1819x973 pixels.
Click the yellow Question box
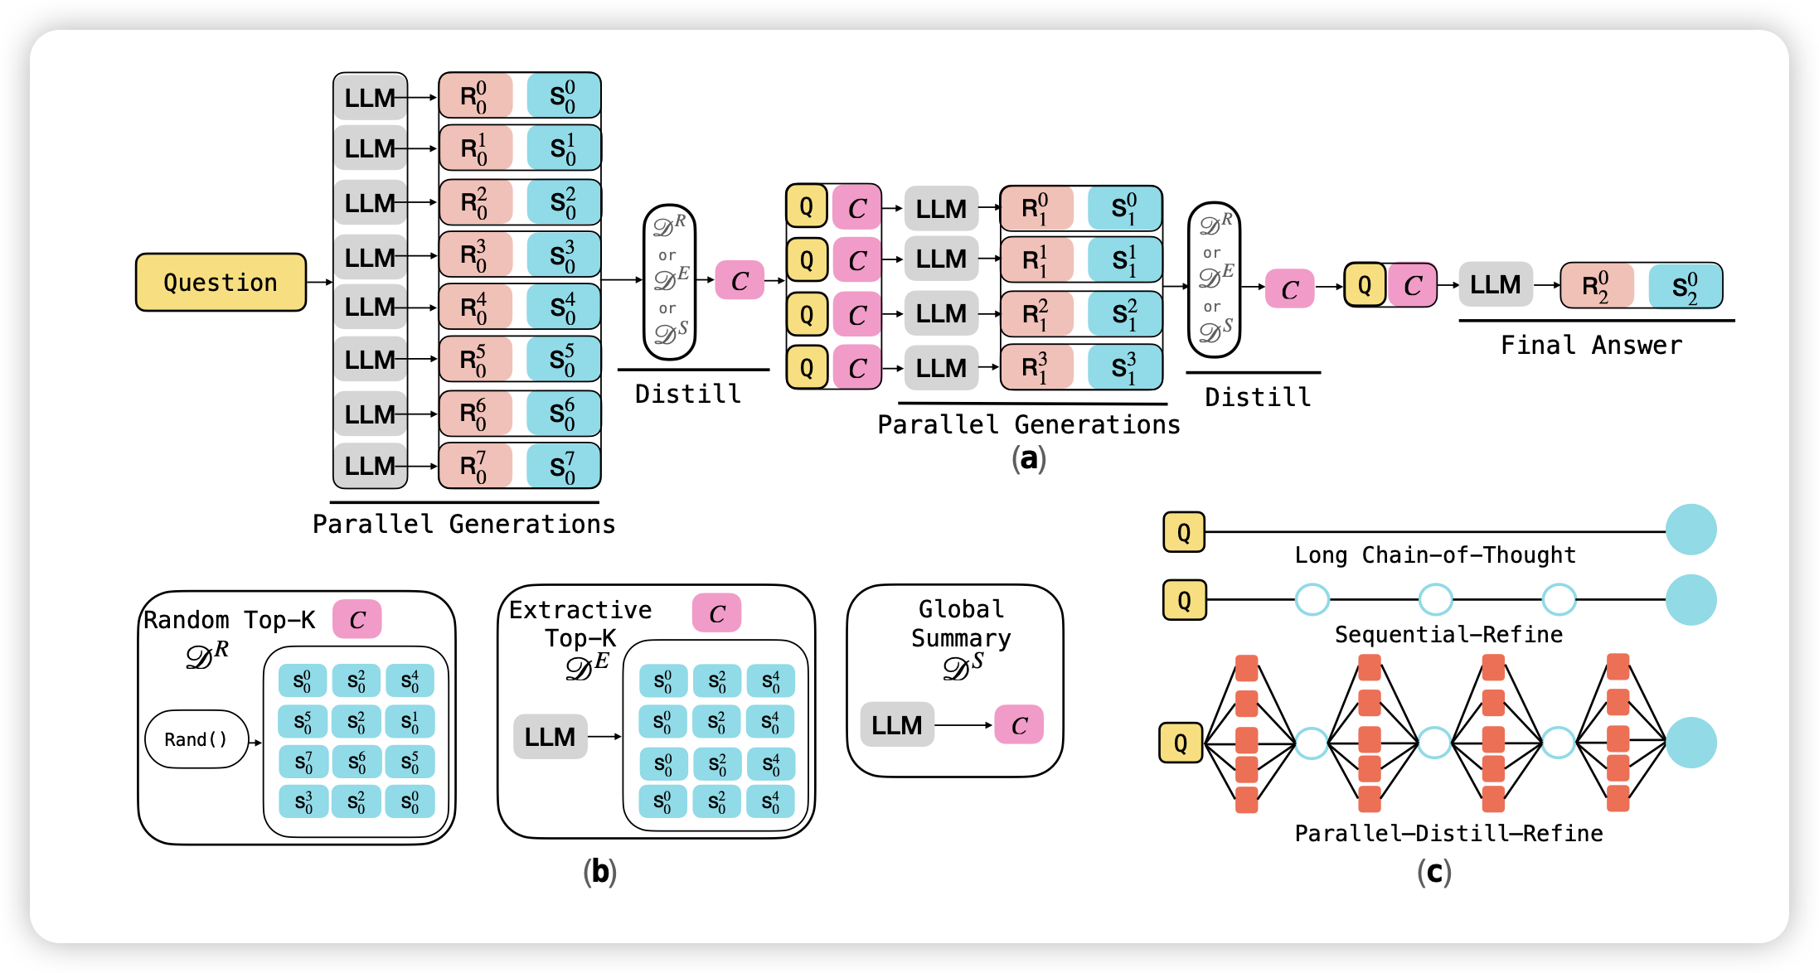click(221, 283)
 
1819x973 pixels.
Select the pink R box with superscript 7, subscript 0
click(475, 467)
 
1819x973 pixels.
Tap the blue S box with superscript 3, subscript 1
click(1124, 367)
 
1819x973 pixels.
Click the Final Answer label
click(1591, 345)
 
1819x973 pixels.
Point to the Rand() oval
click(196, 739)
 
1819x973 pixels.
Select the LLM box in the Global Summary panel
click(897, 725)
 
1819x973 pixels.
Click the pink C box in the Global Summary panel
click(1019, 725)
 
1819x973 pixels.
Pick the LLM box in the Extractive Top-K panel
click(550, 736)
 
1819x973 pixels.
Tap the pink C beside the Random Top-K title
click(357, 619)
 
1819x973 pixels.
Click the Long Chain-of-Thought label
click(1435, 554)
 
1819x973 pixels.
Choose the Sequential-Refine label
click(1448, 634)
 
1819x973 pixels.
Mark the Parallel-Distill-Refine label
click(1448, 833)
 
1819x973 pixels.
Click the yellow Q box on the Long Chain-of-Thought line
click(1184, 532)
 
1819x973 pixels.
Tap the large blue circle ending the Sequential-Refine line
click(1690, 599)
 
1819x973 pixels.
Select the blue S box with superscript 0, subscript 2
click(1685, 286)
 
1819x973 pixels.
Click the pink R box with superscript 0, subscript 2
click(1596, 286)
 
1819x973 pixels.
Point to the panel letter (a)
click(1029, 458)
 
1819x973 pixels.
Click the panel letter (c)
click(1433, 872)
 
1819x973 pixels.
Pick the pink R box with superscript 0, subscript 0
click(475, 96)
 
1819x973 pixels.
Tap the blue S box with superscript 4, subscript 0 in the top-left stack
click(563, 307)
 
